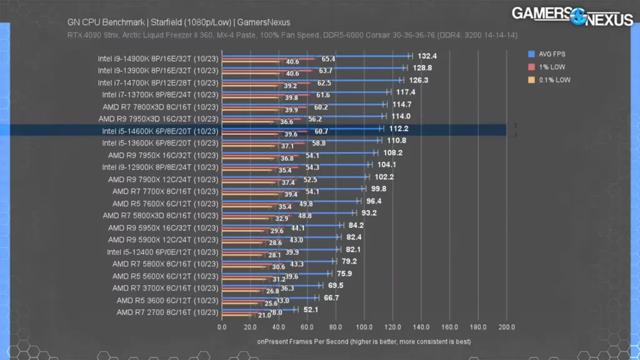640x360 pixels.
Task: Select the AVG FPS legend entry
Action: tap(551, 54)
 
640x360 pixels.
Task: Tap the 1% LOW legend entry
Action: tap(551, 67)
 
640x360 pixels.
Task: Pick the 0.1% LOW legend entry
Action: tap(553, 80)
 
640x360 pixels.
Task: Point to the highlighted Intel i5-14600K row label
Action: tap(160, 131)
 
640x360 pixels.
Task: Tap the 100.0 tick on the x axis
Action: tap(364, 327)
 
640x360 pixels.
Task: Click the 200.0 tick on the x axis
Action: tap(506, 327)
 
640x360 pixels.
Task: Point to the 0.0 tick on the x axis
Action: tap(222, 327)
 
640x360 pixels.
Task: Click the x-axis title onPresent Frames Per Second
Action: tap(364, 342)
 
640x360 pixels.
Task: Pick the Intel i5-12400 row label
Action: tap(162, 252)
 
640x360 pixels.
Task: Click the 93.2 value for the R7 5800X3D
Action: tap(367, 213)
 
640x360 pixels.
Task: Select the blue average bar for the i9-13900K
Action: tap(312, 67)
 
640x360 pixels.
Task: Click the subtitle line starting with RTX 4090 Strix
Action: tap(292, 35)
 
